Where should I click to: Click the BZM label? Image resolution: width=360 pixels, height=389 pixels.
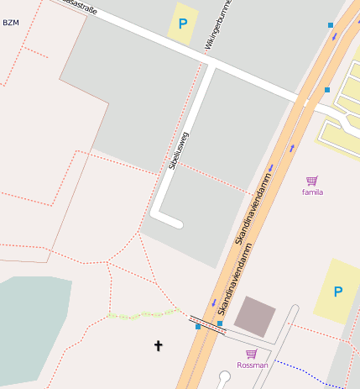[11, 23]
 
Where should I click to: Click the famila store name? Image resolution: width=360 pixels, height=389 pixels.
[313, 192]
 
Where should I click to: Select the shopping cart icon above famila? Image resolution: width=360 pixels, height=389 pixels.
[312, 181]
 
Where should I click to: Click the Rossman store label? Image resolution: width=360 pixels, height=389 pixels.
[253, 365]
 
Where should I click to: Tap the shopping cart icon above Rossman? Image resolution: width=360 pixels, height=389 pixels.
[251, 354]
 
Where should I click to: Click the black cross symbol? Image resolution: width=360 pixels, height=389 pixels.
[158, 345]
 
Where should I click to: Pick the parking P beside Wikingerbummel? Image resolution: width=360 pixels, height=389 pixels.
[182, 24]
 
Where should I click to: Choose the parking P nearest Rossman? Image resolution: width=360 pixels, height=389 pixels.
[338, 292]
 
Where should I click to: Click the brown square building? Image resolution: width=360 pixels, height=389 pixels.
[254, 316]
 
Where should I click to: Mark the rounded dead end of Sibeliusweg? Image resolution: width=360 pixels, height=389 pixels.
[177, 223]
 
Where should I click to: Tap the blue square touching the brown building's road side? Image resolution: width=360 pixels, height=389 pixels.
[220, 323]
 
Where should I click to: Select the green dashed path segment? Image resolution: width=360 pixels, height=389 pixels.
[143, 314]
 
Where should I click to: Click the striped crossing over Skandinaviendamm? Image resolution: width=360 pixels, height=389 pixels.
[208, 325]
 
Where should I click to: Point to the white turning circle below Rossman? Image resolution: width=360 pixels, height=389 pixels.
[224, 376]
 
